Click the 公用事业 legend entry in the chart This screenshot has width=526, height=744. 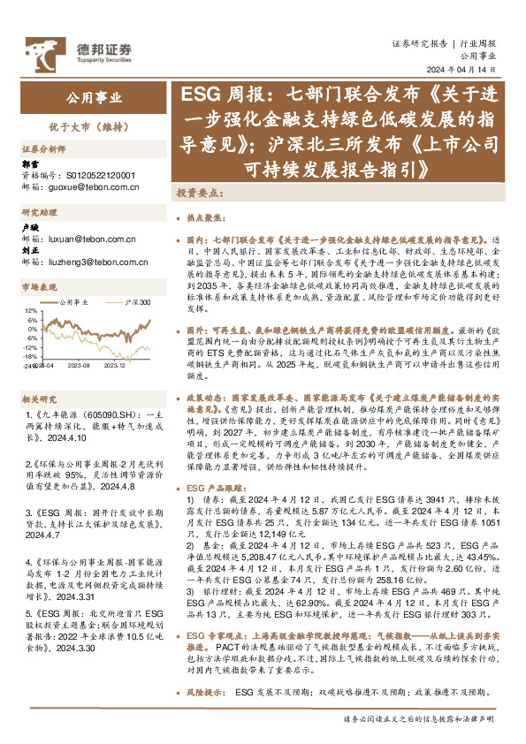[74, 303]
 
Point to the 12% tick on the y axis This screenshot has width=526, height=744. [30, 311]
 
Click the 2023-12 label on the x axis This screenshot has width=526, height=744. [116, 363]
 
